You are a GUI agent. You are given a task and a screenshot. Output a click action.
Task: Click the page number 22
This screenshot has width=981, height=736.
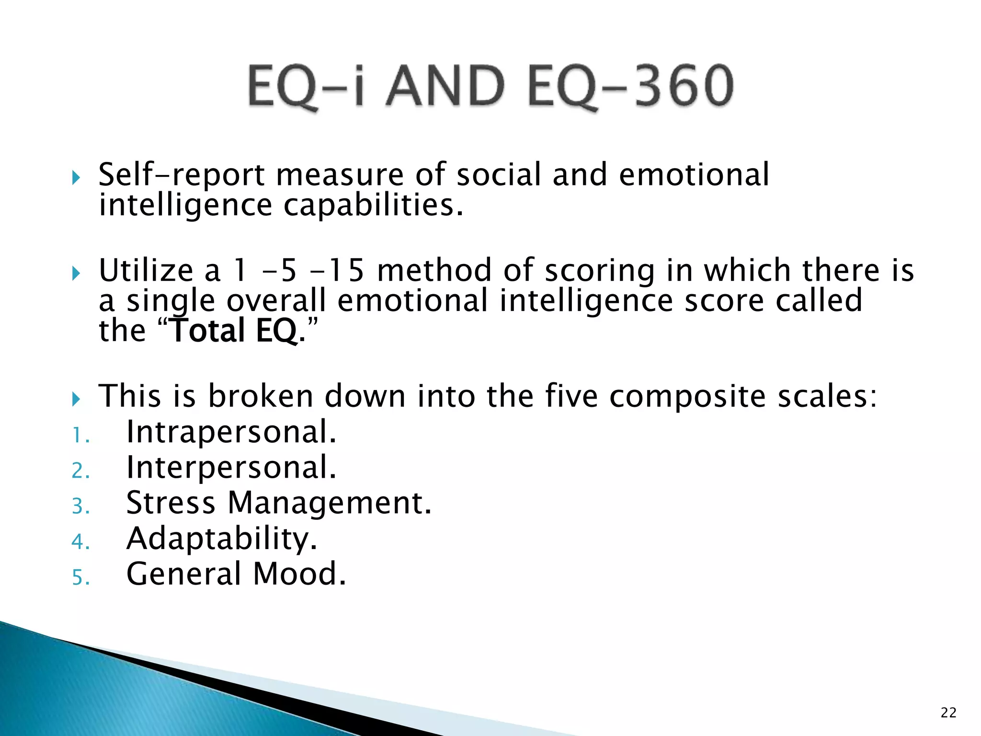[948, 713]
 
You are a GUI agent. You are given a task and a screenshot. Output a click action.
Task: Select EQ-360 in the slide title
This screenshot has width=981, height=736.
[630, 86]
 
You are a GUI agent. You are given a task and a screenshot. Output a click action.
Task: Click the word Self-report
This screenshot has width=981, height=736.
[181, 175]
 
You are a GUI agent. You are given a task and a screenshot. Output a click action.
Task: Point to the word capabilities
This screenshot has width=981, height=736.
[374, 206]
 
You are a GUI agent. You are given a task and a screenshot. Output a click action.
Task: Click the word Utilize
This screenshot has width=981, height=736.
[146, 271]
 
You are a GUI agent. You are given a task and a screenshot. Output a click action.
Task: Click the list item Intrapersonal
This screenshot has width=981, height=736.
[231, 433]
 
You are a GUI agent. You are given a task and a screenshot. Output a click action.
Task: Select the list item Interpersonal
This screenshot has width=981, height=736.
[231, 468]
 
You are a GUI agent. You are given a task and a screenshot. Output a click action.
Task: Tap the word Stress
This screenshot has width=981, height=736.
[171, 503]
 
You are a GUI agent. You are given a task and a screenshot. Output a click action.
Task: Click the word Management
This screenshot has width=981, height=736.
[329, 504]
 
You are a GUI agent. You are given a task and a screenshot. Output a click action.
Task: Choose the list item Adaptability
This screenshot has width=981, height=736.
[221, 539]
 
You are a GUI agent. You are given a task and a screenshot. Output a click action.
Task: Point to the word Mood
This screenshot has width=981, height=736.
[299, 574]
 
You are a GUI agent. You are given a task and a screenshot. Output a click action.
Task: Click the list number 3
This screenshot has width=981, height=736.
[80, 506]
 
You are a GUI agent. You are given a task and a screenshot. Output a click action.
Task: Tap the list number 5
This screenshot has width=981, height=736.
[80, 577]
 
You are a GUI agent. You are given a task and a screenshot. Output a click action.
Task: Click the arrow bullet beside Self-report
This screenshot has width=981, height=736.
[76, 178]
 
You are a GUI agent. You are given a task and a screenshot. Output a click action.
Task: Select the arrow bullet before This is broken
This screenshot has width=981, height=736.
[76, 399]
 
